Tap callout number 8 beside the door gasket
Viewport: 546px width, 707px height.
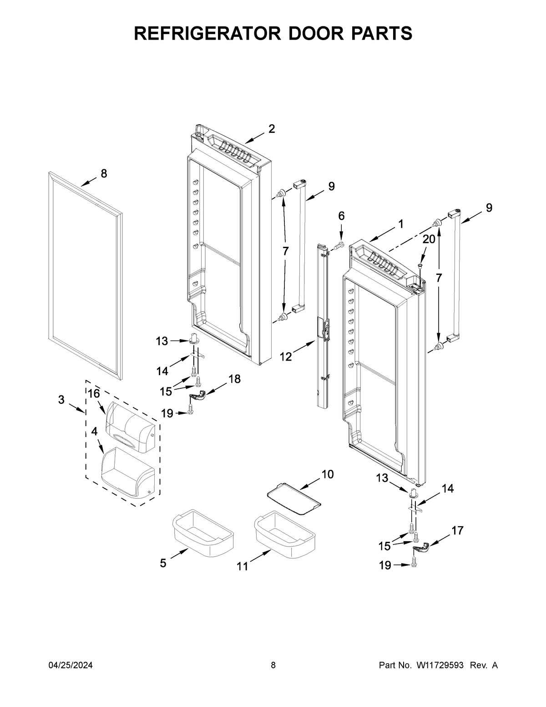click(x=104, y=173)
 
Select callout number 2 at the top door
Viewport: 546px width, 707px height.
click(x=271, y=129)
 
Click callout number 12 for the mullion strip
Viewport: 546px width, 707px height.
click(x=286, y=356)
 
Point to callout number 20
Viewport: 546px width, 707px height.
click(x=429, y=239)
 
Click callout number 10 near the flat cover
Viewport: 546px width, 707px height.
click(x=327, y=474)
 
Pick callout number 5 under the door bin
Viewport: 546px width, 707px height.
click(x=163, y=563)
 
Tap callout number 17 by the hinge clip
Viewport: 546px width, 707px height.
click(x=457, y=530)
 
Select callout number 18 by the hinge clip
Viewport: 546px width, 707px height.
click(x=234, y=379)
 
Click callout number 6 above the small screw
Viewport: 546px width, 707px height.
click(x=341, y=216)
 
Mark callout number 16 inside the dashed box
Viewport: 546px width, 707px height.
click(x=94, y=394)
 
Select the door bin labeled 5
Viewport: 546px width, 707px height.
click(x=202, y=533)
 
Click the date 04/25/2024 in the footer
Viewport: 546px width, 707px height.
click(x=71, y=665)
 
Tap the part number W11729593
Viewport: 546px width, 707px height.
click(x=440, y=665)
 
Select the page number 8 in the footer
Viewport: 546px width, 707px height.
click(x=273, y=665)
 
